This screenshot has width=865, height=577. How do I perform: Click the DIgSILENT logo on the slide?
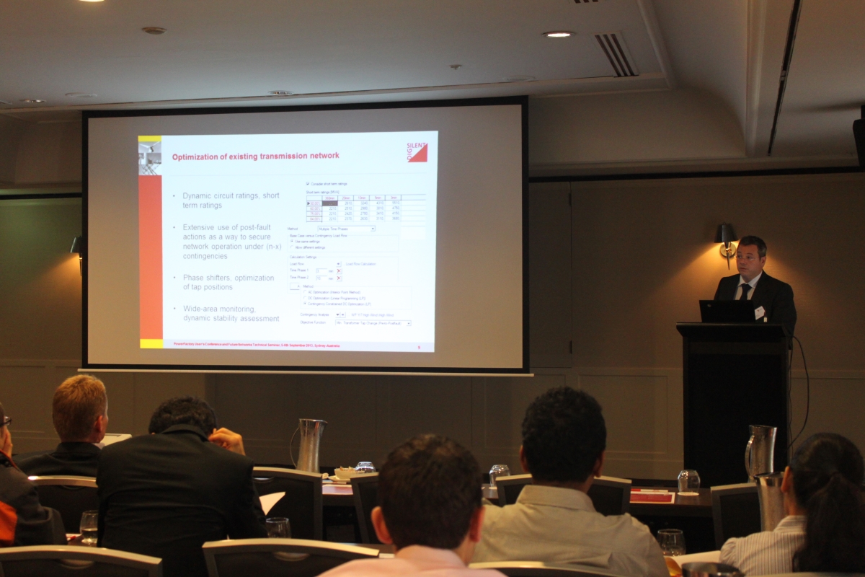[417, 151]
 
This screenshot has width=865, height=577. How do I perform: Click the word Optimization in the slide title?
[198, 156]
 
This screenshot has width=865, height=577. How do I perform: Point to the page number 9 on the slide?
[419, 347]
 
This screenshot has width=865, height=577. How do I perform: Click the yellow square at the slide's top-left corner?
[150, 138]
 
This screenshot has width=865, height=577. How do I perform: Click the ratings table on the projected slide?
[365, 208]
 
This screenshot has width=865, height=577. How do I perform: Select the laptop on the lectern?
[726, 311]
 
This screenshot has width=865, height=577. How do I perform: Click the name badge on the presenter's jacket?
[759, 312]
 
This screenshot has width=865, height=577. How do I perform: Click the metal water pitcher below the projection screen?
[310, 444]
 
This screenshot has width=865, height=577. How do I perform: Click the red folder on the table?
[652, 495]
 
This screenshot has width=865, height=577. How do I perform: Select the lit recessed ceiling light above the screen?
[559, 34]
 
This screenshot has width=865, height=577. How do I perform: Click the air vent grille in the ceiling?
[616, 54]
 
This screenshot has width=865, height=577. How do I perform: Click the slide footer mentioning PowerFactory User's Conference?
[256, 345]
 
